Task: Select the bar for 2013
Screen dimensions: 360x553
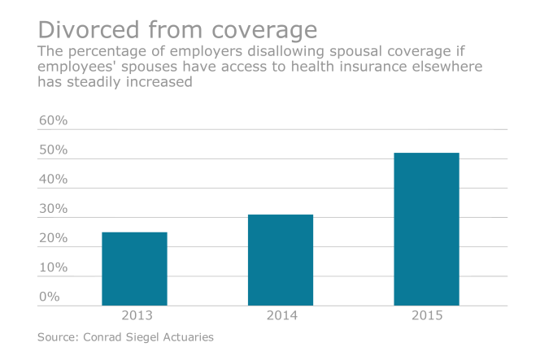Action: point(134,269)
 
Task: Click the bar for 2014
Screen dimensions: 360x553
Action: point(281,260)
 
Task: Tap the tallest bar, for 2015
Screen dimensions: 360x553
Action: point(426,229)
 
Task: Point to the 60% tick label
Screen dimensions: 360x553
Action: point(54,121)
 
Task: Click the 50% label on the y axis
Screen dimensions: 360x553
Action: point(54,150)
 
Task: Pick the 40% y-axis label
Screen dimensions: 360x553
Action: point(54,180)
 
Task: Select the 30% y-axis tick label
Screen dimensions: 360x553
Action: point(54,209)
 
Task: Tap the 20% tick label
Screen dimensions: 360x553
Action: point(54,238)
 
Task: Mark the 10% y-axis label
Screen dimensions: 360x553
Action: point(54,267)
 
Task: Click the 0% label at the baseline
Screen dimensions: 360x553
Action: point(50,297)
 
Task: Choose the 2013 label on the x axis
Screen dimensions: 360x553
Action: point(134,315)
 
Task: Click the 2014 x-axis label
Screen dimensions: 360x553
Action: point(281,315)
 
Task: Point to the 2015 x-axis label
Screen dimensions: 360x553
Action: point(426,315)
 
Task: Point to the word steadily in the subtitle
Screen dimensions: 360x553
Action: point(99,83)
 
